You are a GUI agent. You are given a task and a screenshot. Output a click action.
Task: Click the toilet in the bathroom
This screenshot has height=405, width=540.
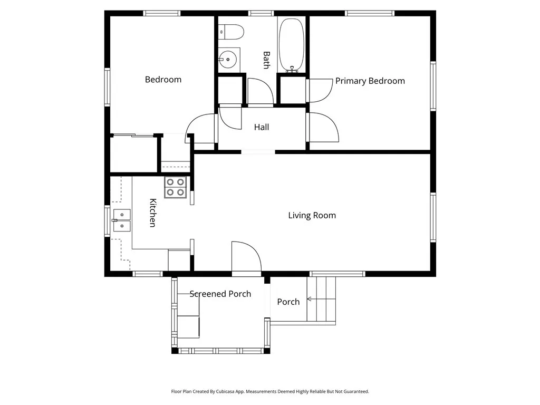[232, 32]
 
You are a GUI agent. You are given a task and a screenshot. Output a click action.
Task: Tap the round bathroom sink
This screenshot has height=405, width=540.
[228, 60]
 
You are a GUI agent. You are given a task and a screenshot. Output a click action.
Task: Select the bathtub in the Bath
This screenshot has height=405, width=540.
[291, 45]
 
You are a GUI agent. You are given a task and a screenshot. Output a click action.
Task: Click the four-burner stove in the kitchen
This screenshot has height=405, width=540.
[175, 187]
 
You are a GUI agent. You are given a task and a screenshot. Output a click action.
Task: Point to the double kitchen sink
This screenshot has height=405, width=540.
[122, 220]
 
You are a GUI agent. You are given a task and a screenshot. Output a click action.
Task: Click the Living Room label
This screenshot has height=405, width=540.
[312, 216]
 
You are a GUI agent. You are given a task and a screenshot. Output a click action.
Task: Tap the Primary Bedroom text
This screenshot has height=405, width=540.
[370, 81]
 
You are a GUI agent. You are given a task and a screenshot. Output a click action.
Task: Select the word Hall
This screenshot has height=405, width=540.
[262, 127]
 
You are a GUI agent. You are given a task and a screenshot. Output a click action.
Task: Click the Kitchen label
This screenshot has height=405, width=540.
[152, 213]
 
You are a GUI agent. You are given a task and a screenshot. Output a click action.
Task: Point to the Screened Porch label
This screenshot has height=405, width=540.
[220, 294]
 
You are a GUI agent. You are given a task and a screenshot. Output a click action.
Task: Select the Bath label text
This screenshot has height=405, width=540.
[266, 60]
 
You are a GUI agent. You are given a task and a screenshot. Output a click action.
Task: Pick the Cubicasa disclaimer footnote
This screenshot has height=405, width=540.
[270, 392]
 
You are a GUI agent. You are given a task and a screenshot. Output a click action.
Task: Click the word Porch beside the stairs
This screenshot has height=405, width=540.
[288, 302]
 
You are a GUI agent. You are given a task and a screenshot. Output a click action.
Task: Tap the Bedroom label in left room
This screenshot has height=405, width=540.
[163, 80]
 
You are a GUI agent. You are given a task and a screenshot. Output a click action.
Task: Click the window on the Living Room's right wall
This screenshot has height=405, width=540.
[433, 217]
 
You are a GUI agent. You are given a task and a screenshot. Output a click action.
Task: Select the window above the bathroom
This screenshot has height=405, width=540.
[261, 13]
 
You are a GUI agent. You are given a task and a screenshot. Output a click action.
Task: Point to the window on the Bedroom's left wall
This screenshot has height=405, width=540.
[107, 87]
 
